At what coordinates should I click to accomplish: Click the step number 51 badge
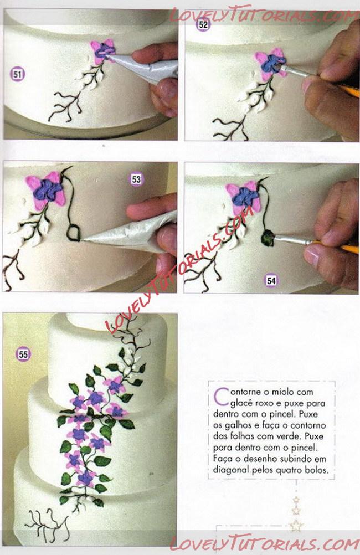click(18, 74)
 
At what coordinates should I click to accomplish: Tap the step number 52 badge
click(203, 24)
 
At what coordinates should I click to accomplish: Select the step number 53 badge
click(136, 179)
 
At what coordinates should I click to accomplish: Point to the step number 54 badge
click(271, 280)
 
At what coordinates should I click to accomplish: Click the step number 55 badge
click(23, 354)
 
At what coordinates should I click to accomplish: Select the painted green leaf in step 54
click(268, 238)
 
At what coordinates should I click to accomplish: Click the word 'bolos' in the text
click(316, 470)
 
